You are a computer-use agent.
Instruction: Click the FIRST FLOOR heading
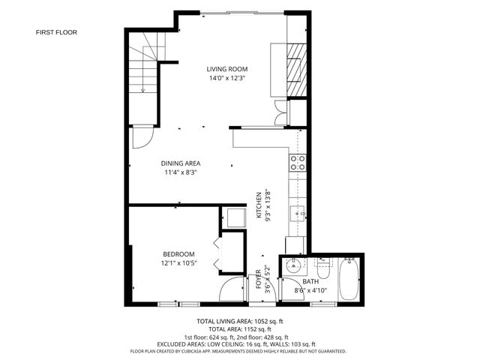click(x=56, y=32)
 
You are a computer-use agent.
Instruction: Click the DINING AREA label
click(x=181, y=163)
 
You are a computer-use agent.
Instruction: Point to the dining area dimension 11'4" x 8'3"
click(x=181, y=172)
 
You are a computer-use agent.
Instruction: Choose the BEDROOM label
click(x=179, y=253)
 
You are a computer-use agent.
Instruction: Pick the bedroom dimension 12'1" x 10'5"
click(x=179, y=262)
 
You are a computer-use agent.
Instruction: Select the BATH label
click(x=300, y=282)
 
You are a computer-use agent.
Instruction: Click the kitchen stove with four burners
click(x=298, y=163)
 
